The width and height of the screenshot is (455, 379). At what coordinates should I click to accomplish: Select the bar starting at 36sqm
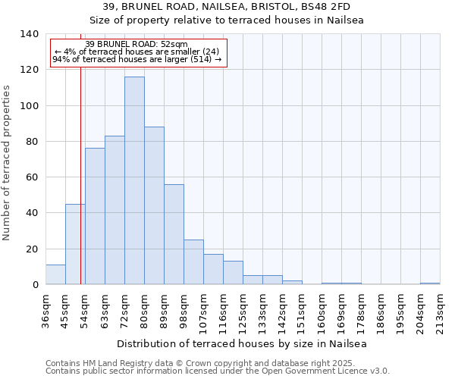[55, 274]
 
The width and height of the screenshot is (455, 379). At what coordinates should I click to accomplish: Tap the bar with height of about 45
[75, 244]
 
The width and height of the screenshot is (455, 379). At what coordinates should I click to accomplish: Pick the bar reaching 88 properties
[154, 205]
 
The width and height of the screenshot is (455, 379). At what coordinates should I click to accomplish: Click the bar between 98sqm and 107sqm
[193, 262]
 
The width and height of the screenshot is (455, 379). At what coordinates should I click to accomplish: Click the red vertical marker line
[80, 189]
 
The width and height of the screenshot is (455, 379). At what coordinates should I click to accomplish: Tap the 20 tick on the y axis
[32, 249]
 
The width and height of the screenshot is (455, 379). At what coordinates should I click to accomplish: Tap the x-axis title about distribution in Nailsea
[243, 343]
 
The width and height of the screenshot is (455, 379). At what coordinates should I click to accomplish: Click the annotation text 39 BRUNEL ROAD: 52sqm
[136, 45]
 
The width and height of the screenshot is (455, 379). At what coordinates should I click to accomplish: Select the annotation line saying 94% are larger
[136, 59]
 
